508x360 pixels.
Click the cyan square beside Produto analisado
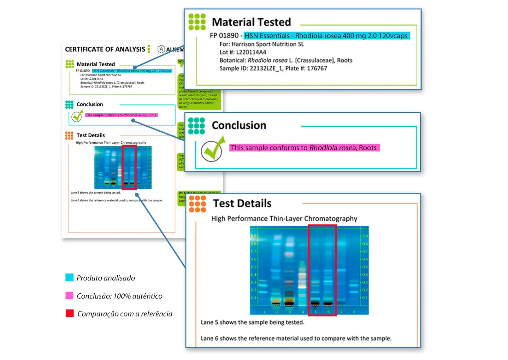(69, 277)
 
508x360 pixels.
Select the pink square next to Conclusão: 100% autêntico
(69, 296)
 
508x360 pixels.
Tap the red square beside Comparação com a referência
(69, 313)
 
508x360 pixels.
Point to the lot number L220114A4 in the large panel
(251, 52)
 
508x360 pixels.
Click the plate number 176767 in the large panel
(317, 68)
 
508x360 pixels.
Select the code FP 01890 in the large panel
(224, 36)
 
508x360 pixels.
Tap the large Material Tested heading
(251, 22)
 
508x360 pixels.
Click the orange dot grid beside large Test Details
(197, 204)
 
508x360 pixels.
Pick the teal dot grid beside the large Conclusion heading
(196, 126)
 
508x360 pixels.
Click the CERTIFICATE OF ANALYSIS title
(105, 49)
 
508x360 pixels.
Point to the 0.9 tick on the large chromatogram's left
(253, 236)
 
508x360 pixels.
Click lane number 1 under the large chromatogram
(264, 312)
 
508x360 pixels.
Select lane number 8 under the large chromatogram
(354, 312)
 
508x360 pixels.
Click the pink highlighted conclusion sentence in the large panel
(304, 148)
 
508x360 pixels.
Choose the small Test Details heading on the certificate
(91, 135)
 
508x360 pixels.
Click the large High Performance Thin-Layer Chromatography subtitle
(284, 219)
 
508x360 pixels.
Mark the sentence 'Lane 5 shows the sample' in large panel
(252, 322)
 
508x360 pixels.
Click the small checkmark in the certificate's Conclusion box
(77, 117)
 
